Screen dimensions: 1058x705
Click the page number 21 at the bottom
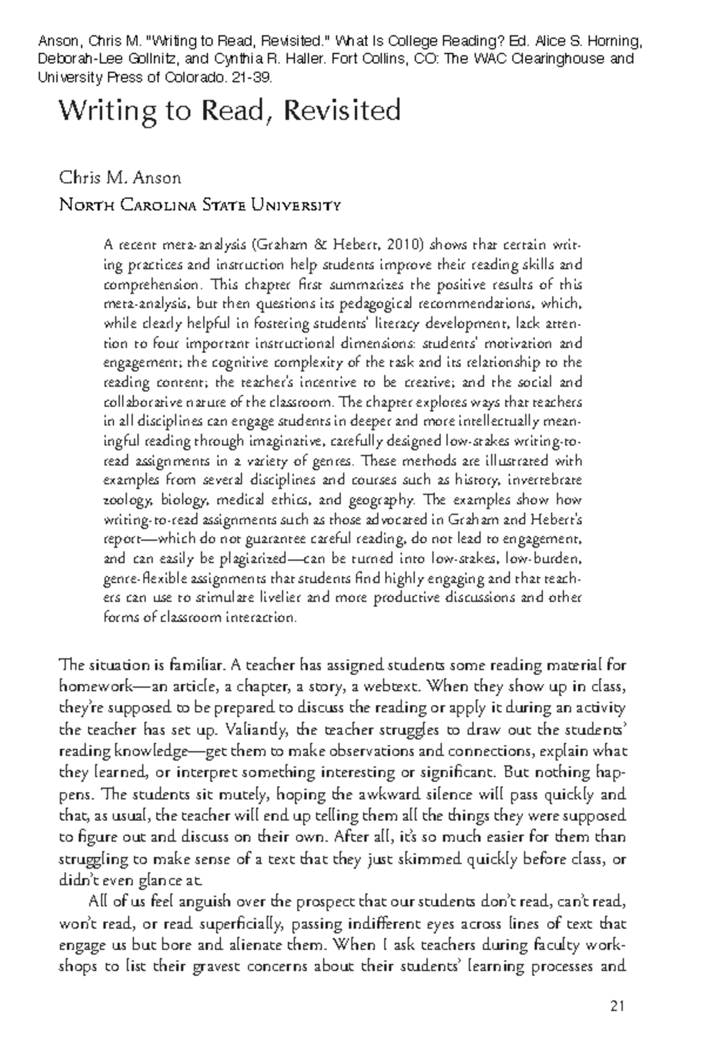tap(616, 1007)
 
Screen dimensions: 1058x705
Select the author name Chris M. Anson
tap(120, 178)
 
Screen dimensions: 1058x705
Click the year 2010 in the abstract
tap(411, 245)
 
